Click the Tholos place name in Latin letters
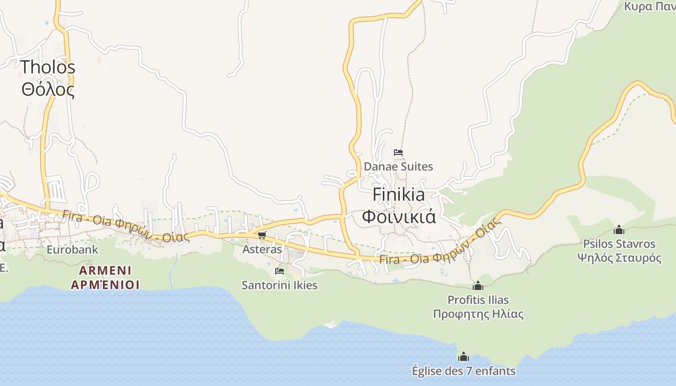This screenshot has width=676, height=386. [x=48, y=67]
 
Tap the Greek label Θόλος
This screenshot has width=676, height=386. [x=48, y=89]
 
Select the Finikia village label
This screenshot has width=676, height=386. [x=399, y=194]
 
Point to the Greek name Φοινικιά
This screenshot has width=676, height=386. [x=399, y=216]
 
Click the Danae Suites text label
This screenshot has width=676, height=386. [x=398, y=166]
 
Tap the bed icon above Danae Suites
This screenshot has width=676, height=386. [x=398, y=152]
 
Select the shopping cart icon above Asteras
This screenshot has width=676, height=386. [x=262, y=235]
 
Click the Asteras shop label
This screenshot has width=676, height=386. [x=262, y=249]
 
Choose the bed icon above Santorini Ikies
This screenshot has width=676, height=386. [x=279, y=271]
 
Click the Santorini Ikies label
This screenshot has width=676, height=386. [x=280, y=285]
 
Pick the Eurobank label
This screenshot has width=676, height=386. [x=72, y=249]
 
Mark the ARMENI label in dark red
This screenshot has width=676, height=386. [x=105, y=270]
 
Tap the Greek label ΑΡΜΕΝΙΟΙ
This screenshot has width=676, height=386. [x=105, y=285]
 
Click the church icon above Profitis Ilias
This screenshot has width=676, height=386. [x=478, y=286]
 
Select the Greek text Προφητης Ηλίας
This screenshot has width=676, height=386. [x=478, y=314]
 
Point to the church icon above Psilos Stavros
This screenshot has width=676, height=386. [x=619, y=230]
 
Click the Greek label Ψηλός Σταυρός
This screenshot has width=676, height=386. [x=619, y=258]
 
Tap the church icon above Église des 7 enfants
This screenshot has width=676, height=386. [x=463, y=357]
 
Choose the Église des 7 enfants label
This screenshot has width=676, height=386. [x=464, y=371]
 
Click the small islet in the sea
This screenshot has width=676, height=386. [x=331, y=325]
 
